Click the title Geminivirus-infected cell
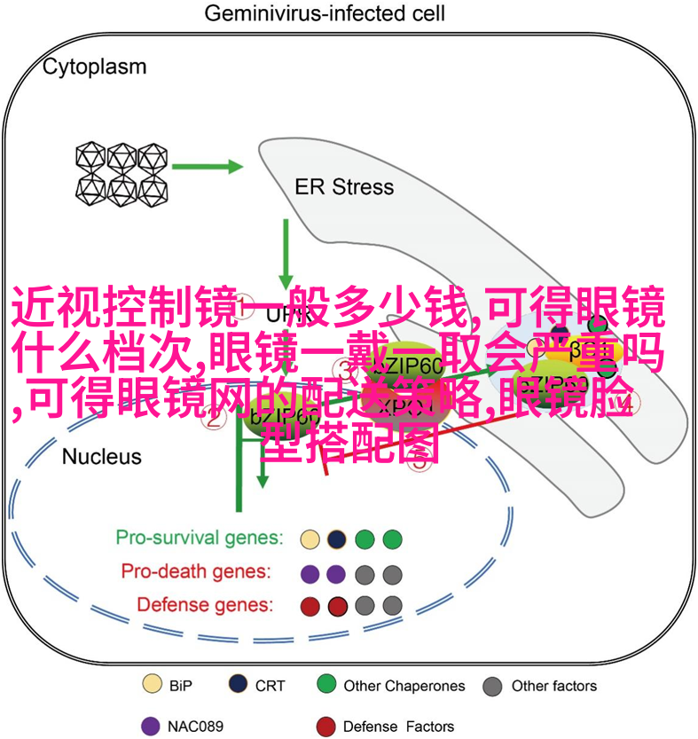[x=325, y=13]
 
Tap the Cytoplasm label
[x=95, y=67]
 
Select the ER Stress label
[x=344, y=187]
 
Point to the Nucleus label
[x=102, y=457]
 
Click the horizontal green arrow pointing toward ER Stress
[x=208, y=166]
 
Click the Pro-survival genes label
[x=200, y=538]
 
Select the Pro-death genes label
[x=196, y=572]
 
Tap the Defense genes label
[x=205, y=605]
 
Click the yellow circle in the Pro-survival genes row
[x=310, y=539]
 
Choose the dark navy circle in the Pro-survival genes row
[x=336, y=539]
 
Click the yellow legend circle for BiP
[x=153, y=685]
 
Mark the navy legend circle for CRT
[x=239, y=685]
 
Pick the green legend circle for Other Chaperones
[x=326, y=685]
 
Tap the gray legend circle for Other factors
[x=493, y=686]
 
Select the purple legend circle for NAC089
[x=152, y=726]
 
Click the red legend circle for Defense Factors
[x=326, y=726]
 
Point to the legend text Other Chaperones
[x=404, y=686]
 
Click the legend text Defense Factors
[x=398, y=727]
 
